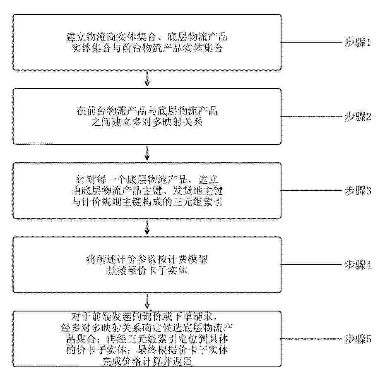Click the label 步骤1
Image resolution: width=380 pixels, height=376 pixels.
coord(358,42)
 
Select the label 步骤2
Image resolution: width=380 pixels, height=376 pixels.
coord(358,117)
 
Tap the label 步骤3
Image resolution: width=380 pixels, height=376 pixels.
coord(358,191)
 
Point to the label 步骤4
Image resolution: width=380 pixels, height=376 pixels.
coord(358,265)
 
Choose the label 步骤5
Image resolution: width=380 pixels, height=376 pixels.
coord(358,339)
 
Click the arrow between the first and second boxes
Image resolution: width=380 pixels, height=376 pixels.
coord(147,78)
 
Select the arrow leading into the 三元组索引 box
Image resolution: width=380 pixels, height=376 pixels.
coord(147,153)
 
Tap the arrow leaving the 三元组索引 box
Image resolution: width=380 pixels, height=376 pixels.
coord(147,227)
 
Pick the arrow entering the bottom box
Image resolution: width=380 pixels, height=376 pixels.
coord(147,301)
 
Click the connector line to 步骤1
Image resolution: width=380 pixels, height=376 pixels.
coord(311,42)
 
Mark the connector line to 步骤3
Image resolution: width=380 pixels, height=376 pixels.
coord(311,191)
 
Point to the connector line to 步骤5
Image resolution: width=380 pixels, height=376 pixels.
coord(311,339)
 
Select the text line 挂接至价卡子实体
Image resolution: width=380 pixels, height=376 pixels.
coord(147,271)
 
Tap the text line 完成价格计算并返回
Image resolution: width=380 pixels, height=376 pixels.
coord(147,361)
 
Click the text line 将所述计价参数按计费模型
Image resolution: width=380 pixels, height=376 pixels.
coord(147,259)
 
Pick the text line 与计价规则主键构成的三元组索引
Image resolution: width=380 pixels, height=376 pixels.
coord(147,202)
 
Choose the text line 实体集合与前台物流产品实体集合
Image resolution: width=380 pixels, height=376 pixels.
coord(147,48)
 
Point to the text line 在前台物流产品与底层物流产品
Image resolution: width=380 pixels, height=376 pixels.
coord(147,111)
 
